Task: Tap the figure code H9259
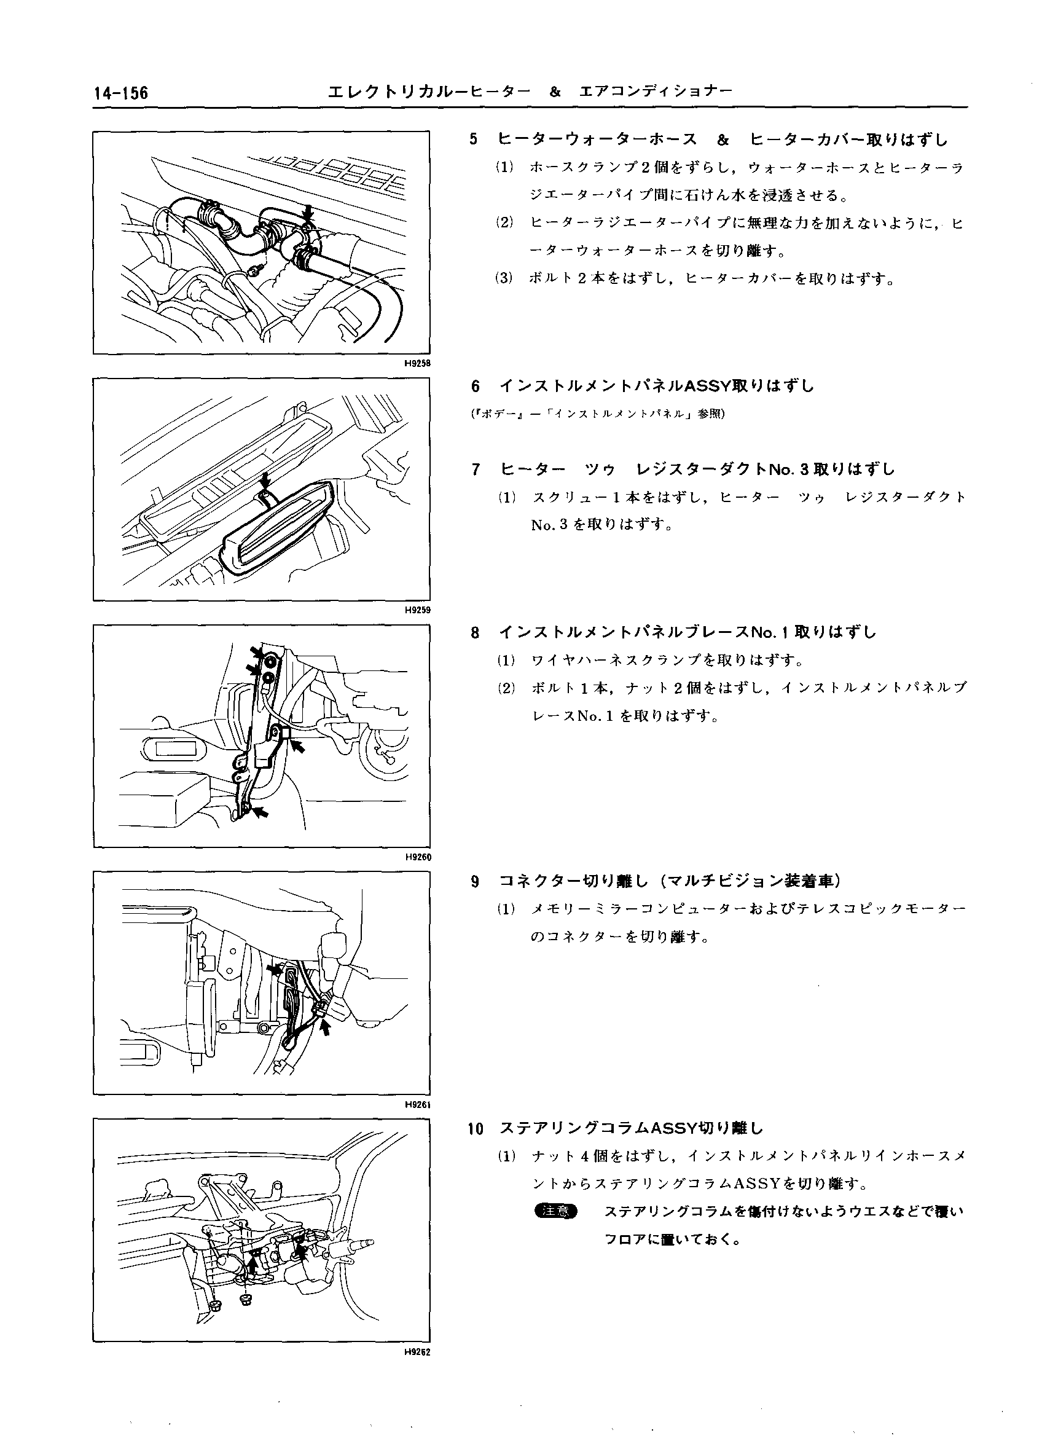(x=418, y=610)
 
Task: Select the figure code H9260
(x=418, y=857)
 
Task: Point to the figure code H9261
(x=418, y=1104)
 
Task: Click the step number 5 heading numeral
(x=474, y=139)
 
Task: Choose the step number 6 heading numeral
(x=475, y=386)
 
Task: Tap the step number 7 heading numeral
(x=475, y=469)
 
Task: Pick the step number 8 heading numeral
(x=475, y=632)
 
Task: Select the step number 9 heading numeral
(x=475, y=882)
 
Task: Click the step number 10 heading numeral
(x=476, y=1129)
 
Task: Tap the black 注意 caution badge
(x=557, y=1211)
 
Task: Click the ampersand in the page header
(x=555, y=92)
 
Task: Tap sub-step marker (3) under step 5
(x=504, y=278)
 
